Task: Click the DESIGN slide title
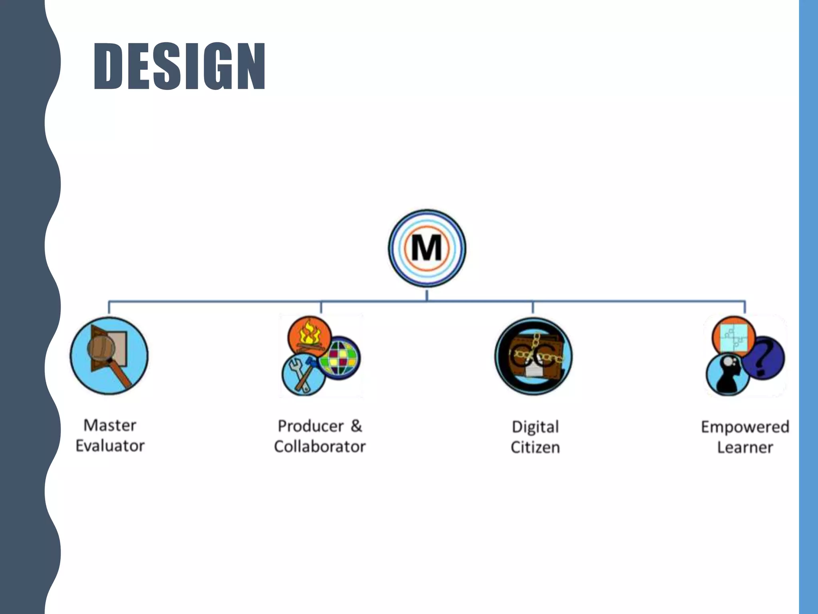click(x=179, y=66)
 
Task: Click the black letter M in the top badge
click(x=427, y=248)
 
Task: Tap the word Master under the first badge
click(x=110, y=425)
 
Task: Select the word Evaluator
click(x=110, y=446)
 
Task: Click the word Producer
click(x=310, y=426)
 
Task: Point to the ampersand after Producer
click(x=356, y=426)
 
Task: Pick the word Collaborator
click(x=320, y=447)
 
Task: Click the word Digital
click(x=535, y=427)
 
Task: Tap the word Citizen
click(x=535, y=447)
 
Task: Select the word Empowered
click(x=745, y=427)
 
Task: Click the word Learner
click(x=745, y=447)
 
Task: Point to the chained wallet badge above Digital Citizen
click(x=534, y=356)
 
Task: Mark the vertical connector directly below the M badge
click(x=427, y=295)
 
